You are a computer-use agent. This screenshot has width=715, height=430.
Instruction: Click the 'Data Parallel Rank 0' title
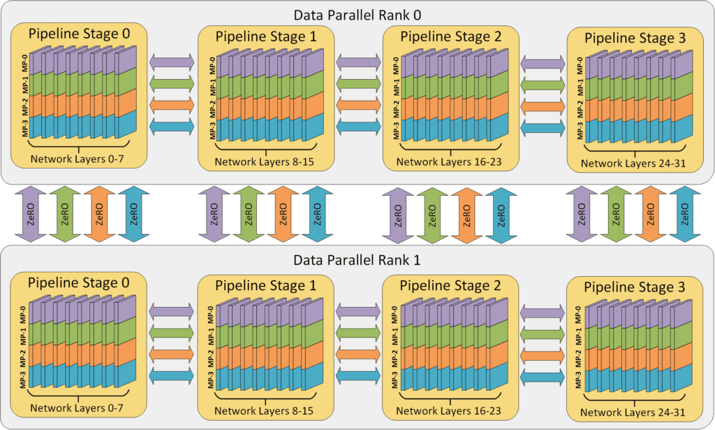click(357, 15)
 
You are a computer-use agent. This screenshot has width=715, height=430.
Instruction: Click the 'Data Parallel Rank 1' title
click(357, 260)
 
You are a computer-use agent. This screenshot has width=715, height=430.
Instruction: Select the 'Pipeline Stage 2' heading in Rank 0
click(450, 36)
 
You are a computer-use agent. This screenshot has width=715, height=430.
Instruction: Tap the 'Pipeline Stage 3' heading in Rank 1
click(634, 287)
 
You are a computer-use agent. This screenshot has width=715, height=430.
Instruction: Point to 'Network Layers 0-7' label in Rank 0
click(77, 159)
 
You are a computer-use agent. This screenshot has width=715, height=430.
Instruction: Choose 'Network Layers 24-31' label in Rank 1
click(633, 413)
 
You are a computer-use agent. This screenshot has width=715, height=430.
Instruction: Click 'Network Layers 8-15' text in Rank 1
click(263, 410)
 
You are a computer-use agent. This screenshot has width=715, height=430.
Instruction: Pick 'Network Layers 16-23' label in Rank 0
click(449, 162)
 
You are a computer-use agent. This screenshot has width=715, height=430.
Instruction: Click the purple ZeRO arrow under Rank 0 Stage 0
click(31, 214)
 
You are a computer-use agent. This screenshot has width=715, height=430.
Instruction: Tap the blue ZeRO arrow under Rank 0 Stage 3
click(685, 214)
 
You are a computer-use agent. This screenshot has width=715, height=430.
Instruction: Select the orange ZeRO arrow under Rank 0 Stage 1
click(283, 214)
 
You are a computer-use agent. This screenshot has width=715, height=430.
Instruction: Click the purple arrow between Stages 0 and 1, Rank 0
click(172, 62)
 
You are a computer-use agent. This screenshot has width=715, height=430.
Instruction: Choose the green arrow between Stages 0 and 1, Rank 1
click(172, 333)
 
